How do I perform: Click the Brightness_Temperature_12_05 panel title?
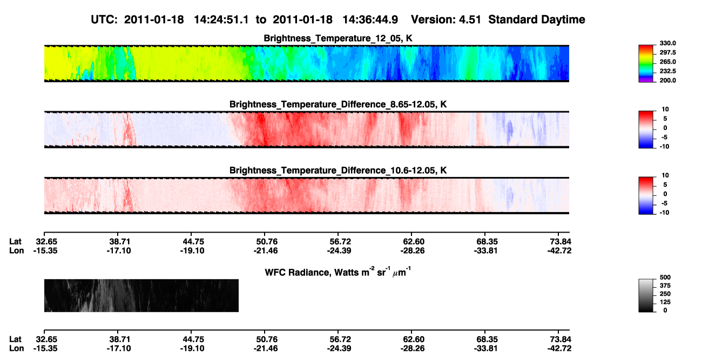click(x=338, y=38)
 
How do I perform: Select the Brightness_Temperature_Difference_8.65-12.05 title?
click(x=338, y=104)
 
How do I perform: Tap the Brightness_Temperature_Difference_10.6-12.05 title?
click(x=338, y=171)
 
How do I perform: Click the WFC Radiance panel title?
click(x=338, y=272)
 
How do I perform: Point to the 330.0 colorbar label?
click(x=667, y=43)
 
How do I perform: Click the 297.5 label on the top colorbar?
click(x=667, y=52)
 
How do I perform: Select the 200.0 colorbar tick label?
click(x=667, y=80)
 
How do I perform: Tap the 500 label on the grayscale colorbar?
click(x=665, y=277)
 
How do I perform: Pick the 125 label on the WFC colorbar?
click(x=665, y=302)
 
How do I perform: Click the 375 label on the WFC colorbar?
click(x=665, y=286)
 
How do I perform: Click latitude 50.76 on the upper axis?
click(x=267, y=242)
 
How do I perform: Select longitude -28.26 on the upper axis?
click(x=413, y=250)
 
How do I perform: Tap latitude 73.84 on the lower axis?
click(x=561, y=339)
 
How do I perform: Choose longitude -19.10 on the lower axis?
click(x=192, y=349)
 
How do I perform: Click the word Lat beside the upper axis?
click(x=15, y=242)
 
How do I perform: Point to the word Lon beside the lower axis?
click(x=16, y=349)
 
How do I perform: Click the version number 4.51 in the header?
click(x=470, y=19)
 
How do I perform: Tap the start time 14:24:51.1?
click(x=221, y=19)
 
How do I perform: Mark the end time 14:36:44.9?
click(x=370, y=19)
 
